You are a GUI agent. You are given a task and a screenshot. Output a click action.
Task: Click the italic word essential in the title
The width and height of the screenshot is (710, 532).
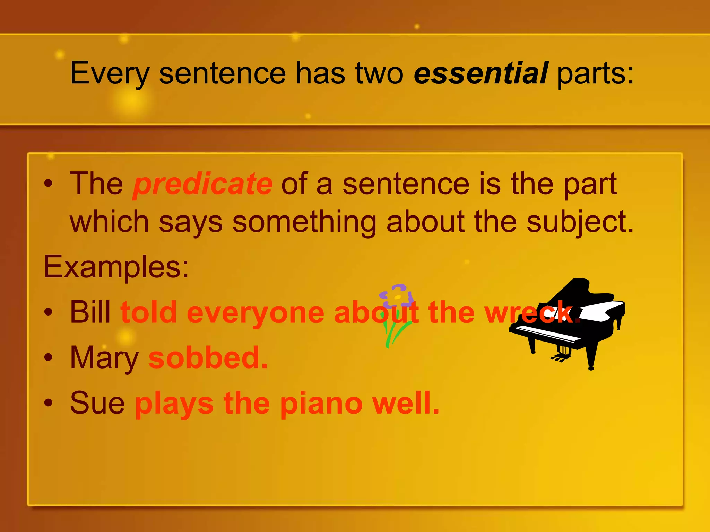[481, 73]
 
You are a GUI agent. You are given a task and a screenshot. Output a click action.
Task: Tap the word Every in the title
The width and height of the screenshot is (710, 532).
[110, 74]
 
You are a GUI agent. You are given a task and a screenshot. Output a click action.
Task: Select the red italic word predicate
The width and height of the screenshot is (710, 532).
[203, 184]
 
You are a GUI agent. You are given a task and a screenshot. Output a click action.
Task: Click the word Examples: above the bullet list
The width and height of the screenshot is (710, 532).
[116, 267]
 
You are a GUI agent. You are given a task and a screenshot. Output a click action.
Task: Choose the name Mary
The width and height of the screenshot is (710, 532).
[104, 358]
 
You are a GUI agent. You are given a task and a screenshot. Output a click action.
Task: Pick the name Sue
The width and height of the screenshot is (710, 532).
[97, 403]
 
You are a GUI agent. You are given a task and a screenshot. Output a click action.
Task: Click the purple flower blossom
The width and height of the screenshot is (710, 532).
[396, 295]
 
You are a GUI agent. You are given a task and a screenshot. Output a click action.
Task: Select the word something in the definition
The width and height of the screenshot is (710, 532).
[304, 222]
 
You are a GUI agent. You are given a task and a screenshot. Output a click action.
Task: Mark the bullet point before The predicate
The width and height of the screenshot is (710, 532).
[49, 184]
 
